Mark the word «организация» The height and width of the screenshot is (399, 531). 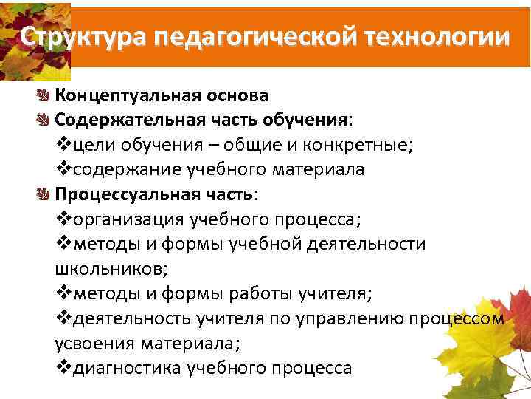(x=126, y=219)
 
